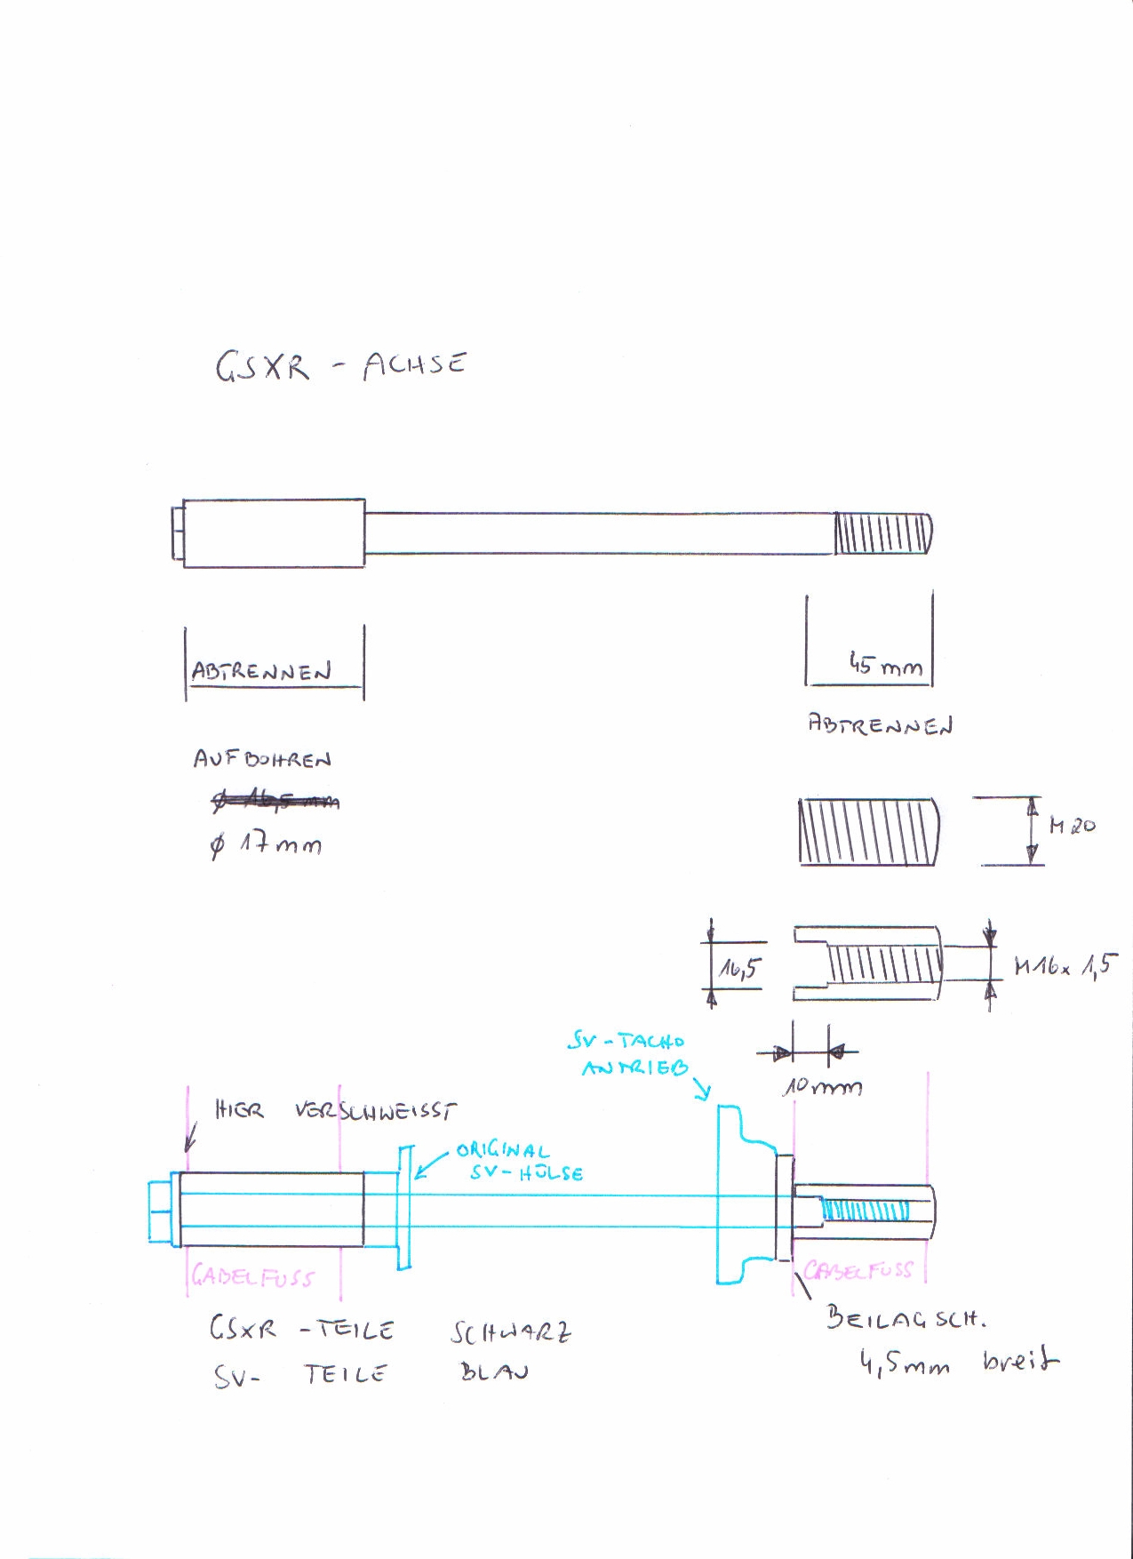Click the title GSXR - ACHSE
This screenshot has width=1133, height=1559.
[340, 365]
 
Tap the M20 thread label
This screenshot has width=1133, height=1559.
[1072, 826]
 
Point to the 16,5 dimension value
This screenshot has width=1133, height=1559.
[738, 968]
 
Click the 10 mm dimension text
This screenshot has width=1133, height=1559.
[821, 1086]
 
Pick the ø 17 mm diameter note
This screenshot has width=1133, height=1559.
[266, 845]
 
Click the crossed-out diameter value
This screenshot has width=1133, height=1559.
[275, 800]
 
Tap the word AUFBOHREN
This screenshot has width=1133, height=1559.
[262, 759]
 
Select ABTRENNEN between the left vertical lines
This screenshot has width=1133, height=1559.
[261, 671]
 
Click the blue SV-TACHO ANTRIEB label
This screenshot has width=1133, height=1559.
[633, 1054]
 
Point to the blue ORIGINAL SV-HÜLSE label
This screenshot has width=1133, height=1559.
[519, 1162]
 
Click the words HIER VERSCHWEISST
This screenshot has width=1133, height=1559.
[336, 1111]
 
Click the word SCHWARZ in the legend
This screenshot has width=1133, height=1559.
[511, 1332]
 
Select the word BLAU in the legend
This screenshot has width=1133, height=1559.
[493, 1371]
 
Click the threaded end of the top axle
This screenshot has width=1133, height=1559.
[882, 534]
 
